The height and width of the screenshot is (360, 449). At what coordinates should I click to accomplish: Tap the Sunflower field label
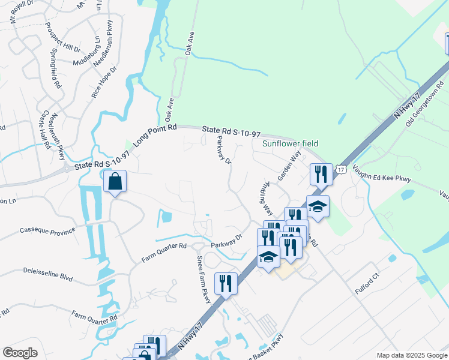290,143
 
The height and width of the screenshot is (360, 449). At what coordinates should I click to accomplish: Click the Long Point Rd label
155,134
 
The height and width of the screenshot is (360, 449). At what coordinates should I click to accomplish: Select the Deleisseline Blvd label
47,271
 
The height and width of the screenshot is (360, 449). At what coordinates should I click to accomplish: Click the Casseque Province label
48,230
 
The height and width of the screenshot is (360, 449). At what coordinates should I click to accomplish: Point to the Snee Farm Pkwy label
204,275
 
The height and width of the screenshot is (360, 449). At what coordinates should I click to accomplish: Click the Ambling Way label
267,198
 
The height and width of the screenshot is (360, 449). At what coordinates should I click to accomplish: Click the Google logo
20,353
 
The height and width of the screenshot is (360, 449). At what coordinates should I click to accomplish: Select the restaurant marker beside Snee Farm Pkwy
226,283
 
